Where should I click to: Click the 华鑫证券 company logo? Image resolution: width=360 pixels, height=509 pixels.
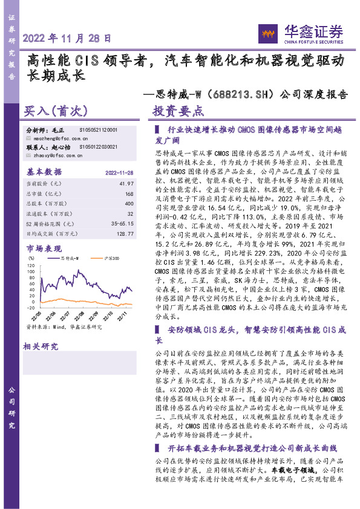click(x=300, y=34)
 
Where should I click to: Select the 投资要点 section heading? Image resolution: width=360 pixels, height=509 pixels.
click(x=178, y=112)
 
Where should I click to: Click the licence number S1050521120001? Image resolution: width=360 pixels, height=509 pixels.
click(x=99, y=130)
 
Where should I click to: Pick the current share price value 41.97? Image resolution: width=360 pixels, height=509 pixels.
click(x=125, y=183)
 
